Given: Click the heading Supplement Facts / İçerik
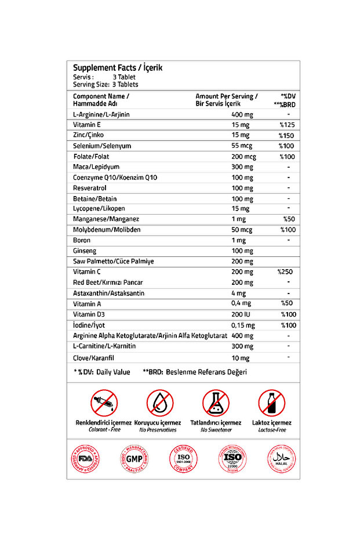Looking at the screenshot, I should pyautogui.click(x=118, y=67).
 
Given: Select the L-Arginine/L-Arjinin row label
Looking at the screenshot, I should pyautogui.click(x=101, y=114).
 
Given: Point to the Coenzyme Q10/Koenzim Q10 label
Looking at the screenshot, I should pyautogui.click(x=115, y=177).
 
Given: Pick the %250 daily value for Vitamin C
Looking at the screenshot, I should pyautogui.click(x=286, y=271).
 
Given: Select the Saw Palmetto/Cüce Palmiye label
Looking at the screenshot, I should pyautogui.click(x=113, y=262).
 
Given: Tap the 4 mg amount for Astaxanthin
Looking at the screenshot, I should pyautogui.click(x=238, y=293).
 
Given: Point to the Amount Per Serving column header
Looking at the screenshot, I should pyautogui.click(x=227, y=96).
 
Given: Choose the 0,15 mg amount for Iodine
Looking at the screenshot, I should pyautogui.click(x=242, y=325).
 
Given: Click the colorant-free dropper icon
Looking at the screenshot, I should pyautogui.click(x=104, y=403).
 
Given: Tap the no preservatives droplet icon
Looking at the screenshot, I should pyautogui.click(x=160, y=403).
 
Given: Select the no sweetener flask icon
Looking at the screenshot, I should pyautogui.click(x=216, y=403).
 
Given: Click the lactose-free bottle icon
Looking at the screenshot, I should pyautogui.click(x=272, y=403).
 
